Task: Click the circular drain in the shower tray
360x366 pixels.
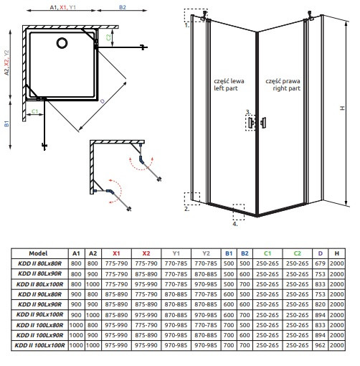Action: [62, 43]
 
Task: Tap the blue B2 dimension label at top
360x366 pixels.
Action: [123, 7]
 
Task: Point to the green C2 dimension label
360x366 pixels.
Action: [108, 37]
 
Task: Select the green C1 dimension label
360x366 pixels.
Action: [35, 111]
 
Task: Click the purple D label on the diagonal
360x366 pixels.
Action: [103, 101]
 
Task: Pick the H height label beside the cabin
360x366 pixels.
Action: [342, 108]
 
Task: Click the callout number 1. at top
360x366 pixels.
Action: [187, 25]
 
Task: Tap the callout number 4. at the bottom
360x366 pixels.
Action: [235, 224]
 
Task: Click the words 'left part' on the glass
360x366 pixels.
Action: [226, 88]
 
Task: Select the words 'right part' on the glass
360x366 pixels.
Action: [286, 88]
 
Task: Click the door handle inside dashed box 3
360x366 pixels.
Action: [251, 123]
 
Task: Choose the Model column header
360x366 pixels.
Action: [38, 253]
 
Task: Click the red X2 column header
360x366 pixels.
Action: [146, 253]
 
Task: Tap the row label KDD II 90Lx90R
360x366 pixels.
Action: [40, 304]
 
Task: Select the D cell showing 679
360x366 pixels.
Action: [320, 263]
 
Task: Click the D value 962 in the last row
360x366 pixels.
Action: [320, 345]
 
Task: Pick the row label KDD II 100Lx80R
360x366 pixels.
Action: [40, 325]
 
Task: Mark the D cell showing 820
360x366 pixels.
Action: [320, 304]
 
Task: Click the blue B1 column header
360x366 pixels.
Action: [229, 253]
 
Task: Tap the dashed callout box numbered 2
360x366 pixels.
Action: [192, 199]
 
